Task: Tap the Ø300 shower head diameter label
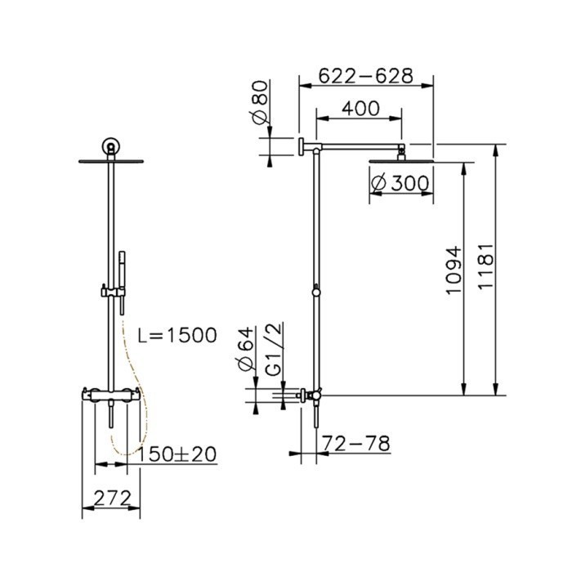(x=399, y=184)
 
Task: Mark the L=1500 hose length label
(x=177, y=334)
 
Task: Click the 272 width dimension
(x=112, y=495)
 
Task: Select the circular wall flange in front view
(x=109, y=147)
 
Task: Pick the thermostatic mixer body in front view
(x=109, y=396)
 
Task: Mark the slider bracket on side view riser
(x=315, y=291)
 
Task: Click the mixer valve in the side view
(x=311, y=396)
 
